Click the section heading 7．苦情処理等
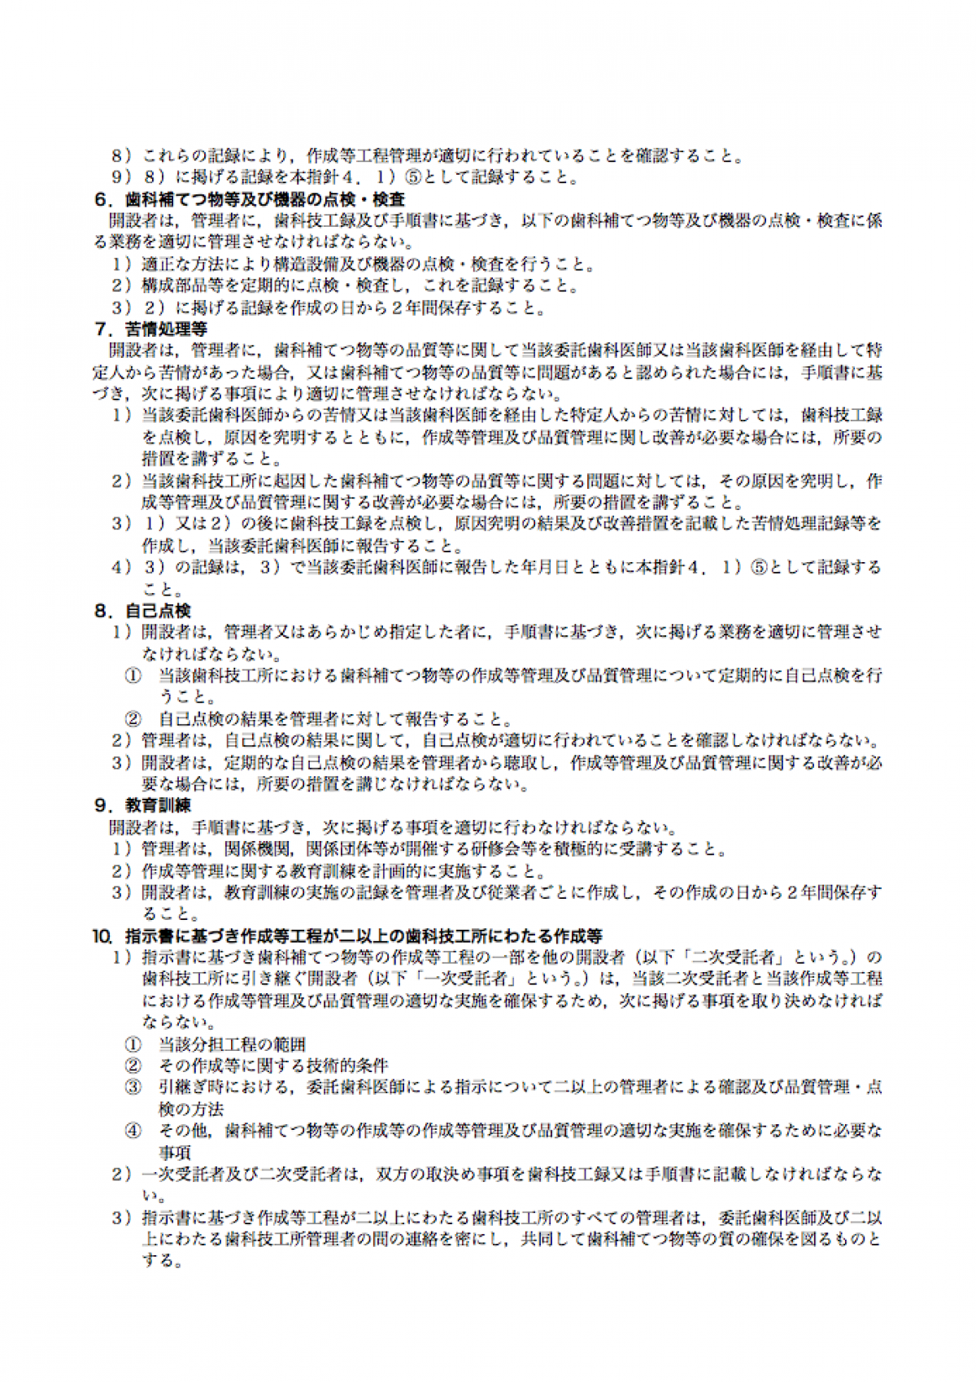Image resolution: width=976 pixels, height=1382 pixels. click(x=151, y=329)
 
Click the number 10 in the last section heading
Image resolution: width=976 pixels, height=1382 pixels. click(x=102, y=936)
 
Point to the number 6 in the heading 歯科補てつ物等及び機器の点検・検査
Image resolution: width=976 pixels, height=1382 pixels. click(x=101, y=199)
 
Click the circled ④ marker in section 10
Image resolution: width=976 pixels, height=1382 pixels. click(x=133, y=1131)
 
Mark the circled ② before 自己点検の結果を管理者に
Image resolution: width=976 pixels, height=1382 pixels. click(x=133, y=719)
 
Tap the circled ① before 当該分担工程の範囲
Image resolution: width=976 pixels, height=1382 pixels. click(x=133, y=1044)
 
